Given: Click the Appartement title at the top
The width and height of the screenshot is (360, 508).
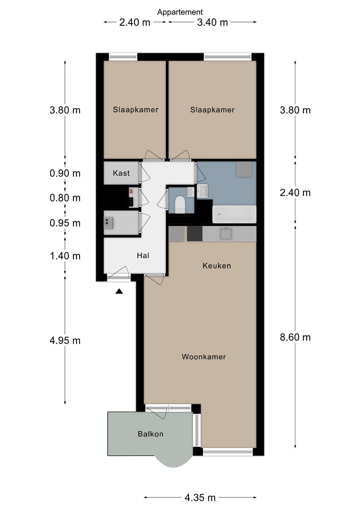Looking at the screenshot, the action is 180,12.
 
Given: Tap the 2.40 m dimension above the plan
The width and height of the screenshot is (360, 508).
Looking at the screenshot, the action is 134,22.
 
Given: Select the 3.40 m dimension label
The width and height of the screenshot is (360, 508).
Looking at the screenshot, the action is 212,22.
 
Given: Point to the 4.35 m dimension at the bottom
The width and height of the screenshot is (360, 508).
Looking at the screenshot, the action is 200,497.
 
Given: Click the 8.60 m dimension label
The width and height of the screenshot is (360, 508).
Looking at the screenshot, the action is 295,337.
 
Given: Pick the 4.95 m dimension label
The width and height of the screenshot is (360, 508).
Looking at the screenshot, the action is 65,341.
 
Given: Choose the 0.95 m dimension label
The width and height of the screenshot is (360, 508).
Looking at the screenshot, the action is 65,223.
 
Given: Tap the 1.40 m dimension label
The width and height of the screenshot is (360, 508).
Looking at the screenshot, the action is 65,256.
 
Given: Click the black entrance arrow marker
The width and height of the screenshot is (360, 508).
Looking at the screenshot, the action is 119,291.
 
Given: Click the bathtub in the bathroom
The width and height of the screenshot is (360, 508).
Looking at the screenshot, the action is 234,214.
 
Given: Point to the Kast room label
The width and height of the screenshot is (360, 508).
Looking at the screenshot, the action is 121,173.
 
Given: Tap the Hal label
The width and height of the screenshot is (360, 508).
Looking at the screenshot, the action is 143,256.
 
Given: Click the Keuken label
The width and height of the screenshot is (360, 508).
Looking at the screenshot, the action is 216,266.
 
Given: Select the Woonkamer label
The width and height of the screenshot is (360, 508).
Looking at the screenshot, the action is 203,357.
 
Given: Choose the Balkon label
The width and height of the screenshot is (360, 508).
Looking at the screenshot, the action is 150,434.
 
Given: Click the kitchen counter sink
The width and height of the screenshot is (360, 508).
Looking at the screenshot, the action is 226,234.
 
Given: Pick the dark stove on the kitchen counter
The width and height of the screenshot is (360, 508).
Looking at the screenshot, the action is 194,234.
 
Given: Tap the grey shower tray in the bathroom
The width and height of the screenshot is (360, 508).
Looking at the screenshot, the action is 244,169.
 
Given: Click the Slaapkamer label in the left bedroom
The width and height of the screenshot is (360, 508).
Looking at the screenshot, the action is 135,109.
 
